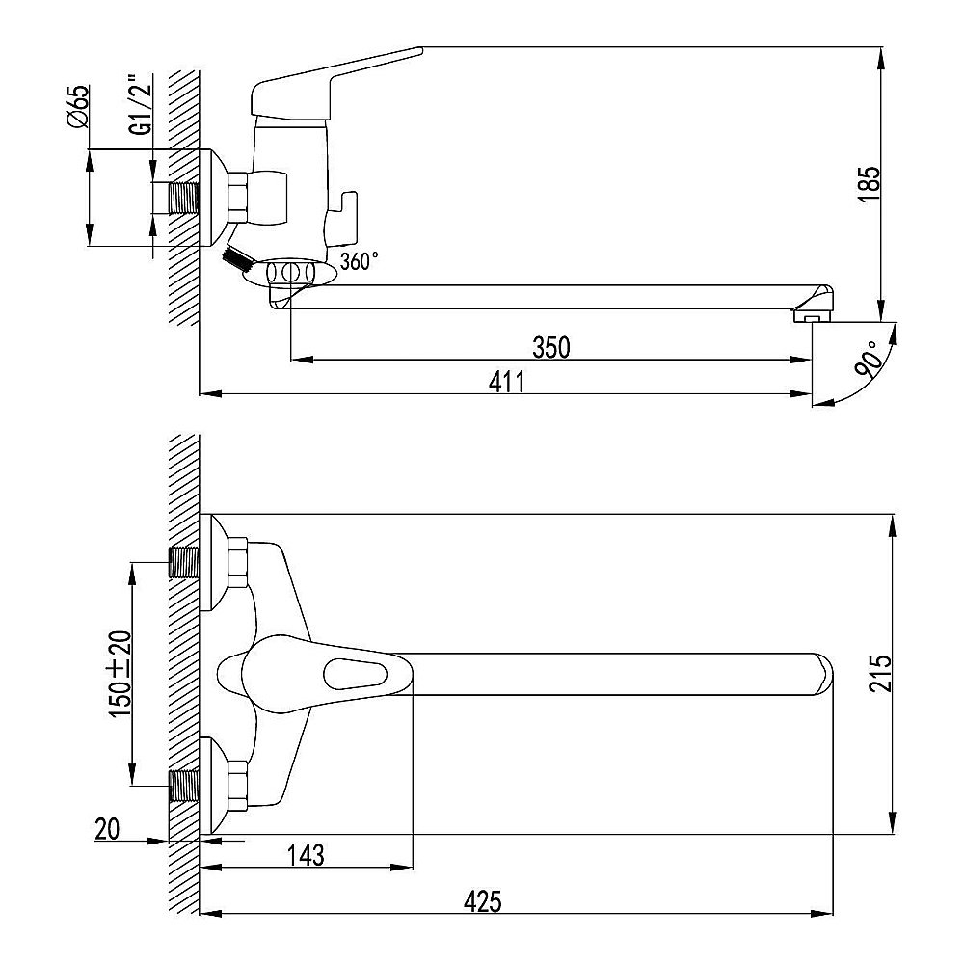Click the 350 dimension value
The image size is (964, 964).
tap(551, 348)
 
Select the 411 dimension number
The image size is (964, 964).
tap(507, 383)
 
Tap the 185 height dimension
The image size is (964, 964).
tap(870, 183)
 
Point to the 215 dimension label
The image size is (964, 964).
tap(880, 674)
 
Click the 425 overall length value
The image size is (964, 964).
tap(483, 902)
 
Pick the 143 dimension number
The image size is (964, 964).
tap(306, 854)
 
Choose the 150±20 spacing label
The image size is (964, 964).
tap(120, 673)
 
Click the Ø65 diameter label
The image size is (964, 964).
tap(78, 107)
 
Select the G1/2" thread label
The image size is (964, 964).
tap(142, 104)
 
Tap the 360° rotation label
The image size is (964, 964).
tap(360, 261)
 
